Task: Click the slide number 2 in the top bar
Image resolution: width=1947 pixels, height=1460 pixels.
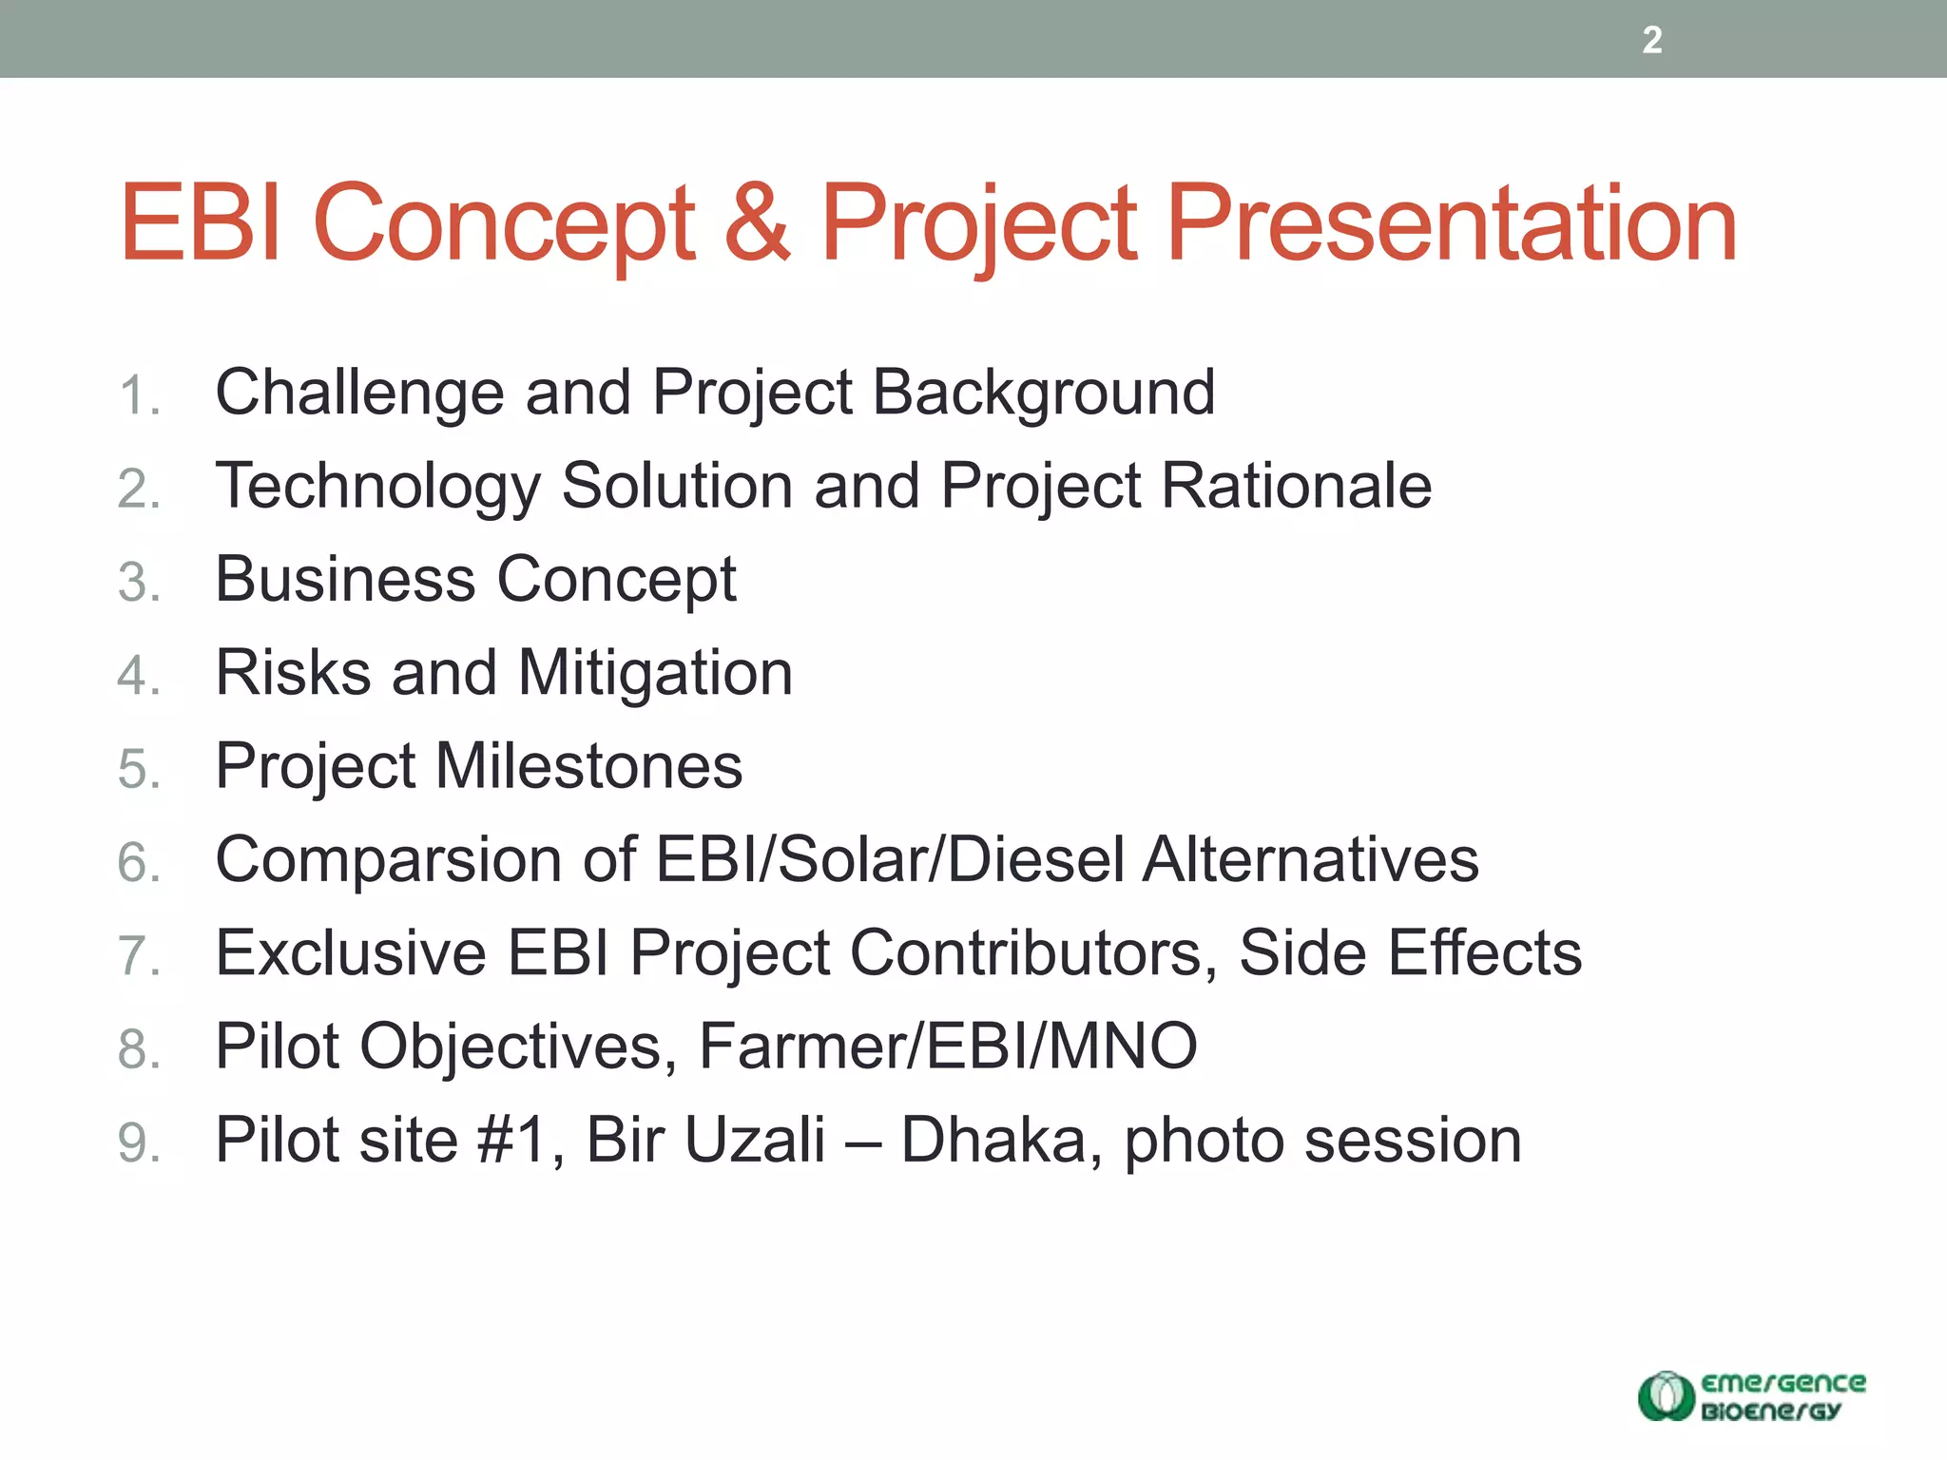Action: tap(1651, 40)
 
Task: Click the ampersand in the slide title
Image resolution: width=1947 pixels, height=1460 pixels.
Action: tap(757, 224)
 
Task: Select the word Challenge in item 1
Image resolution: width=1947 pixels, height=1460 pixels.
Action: tap(359, 394)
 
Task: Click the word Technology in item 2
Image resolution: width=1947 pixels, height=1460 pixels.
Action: tap(377, 487)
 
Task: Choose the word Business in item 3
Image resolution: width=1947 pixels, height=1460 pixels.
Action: tap(345, 580)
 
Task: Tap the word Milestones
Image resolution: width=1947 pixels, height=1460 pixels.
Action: tap(588, 766)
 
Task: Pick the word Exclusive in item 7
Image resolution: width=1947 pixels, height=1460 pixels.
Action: tap(351, 953)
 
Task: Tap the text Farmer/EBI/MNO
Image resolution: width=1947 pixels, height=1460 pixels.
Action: tap(948, 1047)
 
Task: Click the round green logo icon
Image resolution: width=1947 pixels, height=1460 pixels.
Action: tap(1666, 1395)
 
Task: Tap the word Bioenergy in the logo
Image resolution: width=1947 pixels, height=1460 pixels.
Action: tap(1770, 1412)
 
